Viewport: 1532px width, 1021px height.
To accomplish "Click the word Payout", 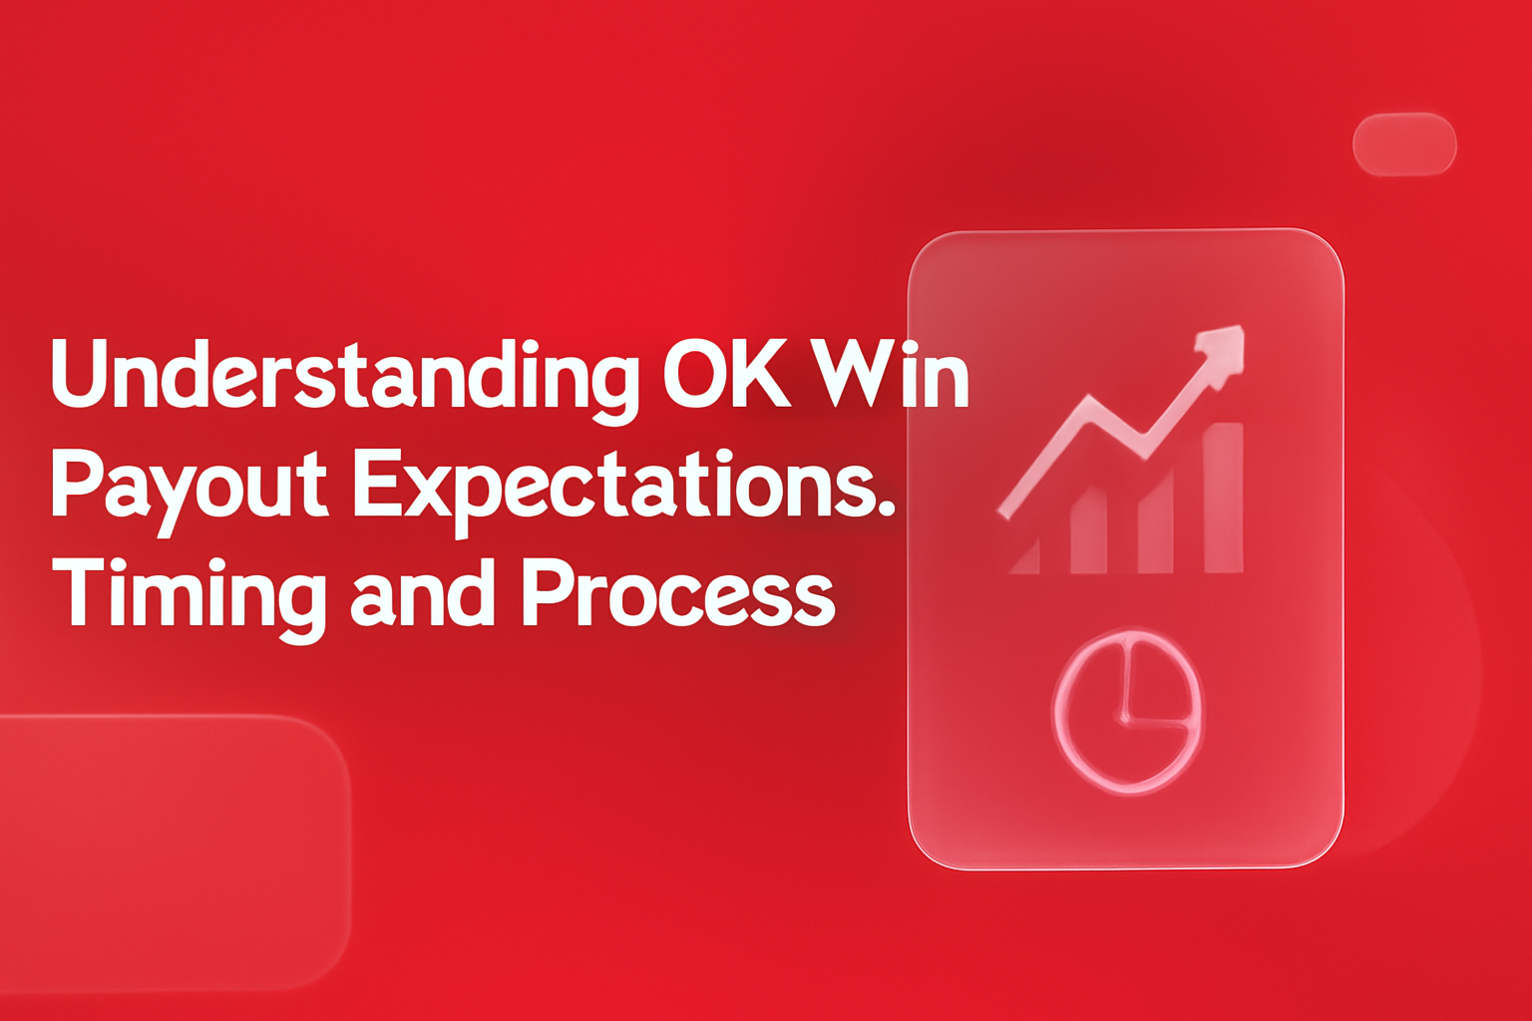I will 190,486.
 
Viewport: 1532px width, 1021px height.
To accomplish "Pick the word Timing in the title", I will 190,595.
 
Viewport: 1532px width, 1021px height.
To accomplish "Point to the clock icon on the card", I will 1127,711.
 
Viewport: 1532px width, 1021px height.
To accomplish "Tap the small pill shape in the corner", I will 1404,145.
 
